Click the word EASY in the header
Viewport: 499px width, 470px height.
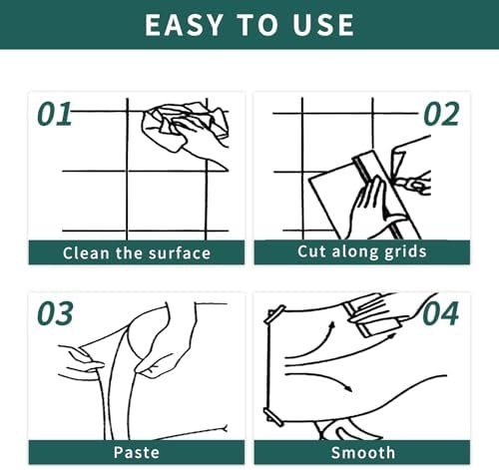pos(184,25)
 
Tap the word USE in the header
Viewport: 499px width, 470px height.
pos(323,25)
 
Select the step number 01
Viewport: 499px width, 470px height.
pos(55,114)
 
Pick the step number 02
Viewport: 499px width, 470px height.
pos(441,114)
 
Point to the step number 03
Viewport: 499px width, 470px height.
pos(55,313)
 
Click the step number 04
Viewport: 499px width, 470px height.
pos(441,313)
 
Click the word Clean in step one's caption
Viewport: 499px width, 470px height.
pos(86,253)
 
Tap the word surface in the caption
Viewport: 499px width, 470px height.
pos(180,253)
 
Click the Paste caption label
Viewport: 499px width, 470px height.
pos(137,453)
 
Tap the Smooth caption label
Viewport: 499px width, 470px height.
pos(363,453)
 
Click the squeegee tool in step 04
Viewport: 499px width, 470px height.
pos(371,316)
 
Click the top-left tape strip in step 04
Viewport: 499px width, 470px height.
pos(274,314)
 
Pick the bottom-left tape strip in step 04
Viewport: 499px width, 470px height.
pos(273,416)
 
